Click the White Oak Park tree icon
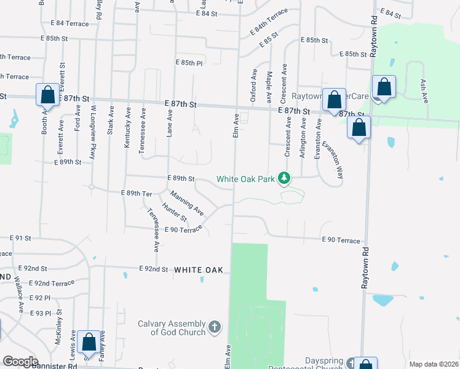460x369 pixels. (x=284, y=178)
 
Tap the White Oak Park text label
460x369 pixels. (x=245, y=180)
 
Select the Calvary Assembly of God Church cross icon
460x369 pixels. (x=214, y=326)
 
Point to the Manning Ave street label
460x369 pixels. (x=187, y=203)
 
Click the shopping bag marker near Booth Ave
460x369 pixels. (x=47, y=95)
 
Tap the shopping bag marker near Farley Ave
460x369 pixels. (x=89, y=344)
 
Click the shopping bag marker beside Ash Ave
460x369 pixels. (x=384, y=87)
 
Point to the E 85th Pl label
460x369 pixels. (x=189, y=63)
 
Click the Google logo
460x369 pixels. (x=20, y=362)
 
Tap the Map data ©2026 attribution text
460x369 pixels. (x=433, y=364)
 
